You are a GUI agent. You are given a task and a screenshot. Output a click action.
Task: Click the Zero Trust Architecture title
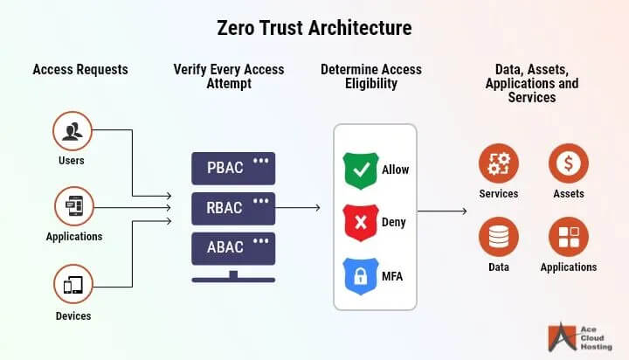(x=314, y=27)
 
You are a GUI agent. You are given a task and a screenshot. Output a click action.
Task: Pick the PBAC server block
(x=232, y=167)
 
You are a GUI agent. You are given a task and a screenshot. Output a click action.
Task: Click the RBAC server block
(x=232, y=208)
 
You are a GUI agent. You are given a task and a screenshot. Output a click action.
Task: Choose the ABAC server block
(x=232, y=248)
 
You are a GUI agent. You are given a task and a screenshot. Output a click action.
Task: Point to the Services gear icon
(x=498, y=163)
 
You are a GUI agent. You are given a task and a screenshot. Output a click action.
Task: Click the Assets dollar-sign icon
(x=568, y=163)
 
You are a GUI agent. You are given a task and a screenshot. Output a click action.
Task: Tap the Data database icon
(x=498, y=237)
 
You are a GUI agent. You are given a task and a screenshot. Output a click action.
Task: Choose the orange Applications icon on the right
(x=568, y=237)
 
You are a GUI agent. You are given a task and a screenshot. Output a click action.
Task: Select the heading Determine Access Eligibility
(x=371, y=77)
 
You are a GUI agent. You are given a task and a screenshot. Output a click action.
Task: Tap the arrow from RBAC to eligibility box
(x=304, y=209)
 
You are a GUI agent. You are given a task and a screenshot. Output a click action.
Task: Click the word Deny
(x=395, y=222)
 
